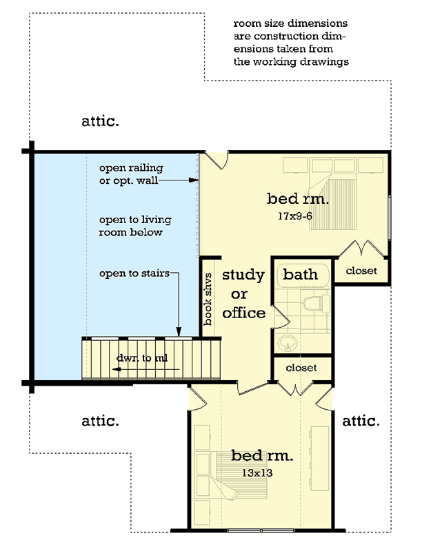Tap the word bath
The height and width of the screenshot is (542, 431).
(x=301, y=274)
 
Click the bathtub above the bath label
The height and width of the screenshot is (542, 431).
(x=301, y=274)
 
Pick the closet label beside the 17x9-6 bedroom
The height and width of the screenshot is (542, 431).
(x=361, y=271)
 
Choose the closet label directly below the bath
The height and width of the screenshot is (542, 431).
(x=301, y=368)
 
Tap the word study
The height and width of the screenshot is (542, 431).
(x=243, y=275)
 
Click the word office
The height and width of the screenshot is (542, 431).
(x=243, y=313)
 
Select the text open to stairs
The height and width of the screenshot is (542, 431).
(x=134, y=273)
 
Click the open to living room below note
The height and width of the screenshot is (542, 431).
(x=135, y=226)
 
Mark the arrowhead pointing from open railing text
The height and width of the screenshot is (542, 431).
(x=195, y=180)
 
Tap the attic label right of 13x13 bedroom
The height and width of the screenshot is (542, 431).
(x=361, y=420)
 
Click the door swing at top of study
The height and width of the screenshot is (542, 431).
(x=218, y=160)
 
